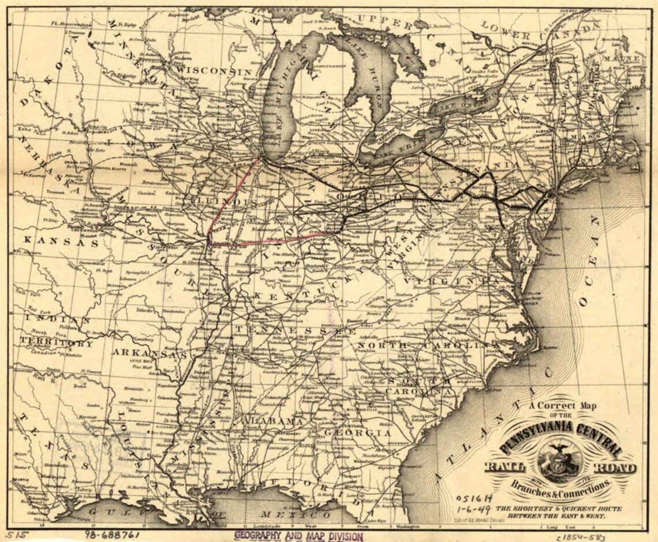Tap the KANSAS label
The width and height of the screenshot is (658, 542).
(62, 241)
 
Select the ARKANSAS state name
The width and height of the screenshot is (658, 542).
(149, 353)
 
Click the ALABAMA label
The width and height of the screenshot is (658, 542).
(272, 421)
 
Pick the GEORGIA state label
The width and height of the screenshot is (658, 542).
(357, 432)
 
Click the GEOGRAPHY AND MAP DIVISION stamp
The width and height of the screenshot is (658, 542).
(298, 536)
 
